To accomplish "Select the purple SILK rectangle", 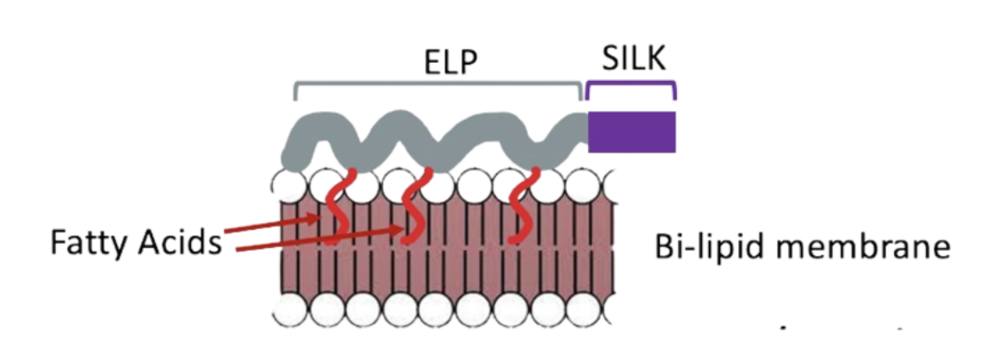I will tap(631, 131).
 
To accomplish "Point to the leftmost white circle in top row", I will tap(289, 185).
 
